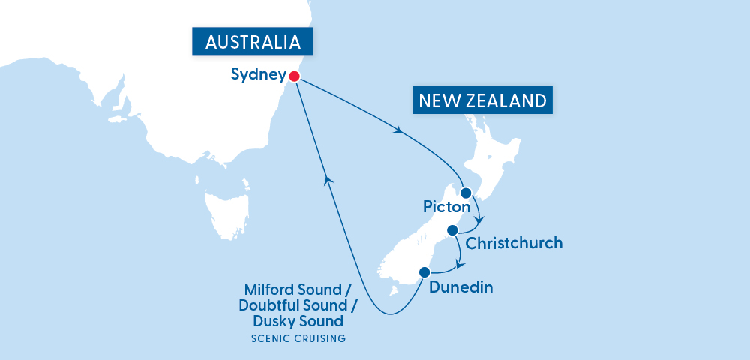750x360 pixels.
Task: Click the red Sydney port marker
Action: pos(294,76)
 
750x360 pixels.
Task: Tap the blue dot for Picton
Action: pos(466,193)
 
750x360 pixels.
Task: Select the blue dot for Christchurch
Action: pos(452,230)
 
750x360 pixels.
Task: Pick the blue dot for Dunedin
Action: pos(424,272)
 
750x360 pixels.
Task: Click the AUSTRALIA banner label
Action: pos(253,41)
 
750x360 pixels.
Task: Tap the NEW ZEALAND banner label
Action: pos(483,100)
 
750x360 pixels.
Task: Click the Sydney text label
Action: pos(258,75)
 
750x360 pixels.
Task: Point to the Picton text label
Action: pos(446,206)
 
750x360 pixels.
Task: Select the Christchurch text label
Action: pos(514,244)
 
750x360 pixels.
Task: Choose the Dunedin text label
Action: pos(460,286)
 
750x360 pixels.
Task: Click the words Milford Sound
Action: pos(293,289)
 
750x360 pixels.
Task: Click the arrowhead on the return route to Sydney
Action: pos(327,178)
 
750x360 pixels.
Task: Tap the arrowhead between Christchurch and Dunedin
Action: pos(459,263)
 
